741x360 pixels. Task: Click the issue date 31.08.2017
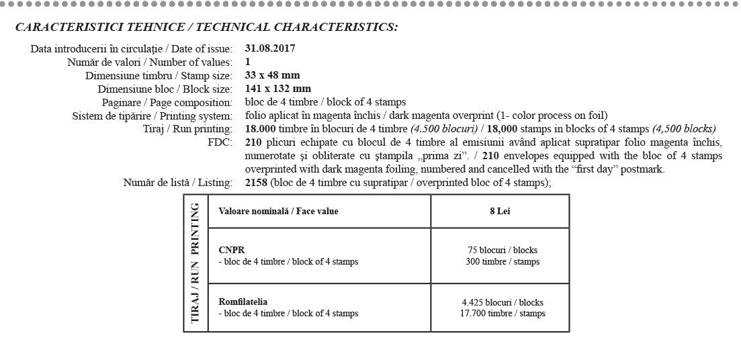click(x=270, y=48)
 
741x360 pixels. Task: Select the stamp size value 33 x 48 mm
click(x=272, y=75)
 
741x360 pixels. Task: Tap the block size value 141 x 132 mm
click(x=278, y=89)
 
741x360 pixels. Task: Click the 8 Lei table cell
click(x=500, y=211)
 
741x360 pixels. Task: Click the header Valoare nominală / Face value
click(x=278, y=211)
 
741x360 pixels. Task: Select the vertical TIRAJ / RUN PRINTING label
click(x=195, y=263)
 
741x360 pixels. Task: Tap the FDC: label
click(x=220, y=142)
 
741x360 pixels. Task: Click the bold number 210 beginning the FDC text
click(x=253, y=142)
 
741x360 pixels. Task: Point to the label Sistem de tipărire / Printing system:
click(x=152, y=116)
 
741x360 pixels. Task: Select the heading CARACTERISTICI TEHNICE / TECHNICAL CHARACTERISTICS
click(x=206, y=28)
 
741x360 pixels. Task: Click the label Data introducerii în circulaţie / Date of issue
click(x=132, y=49)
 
